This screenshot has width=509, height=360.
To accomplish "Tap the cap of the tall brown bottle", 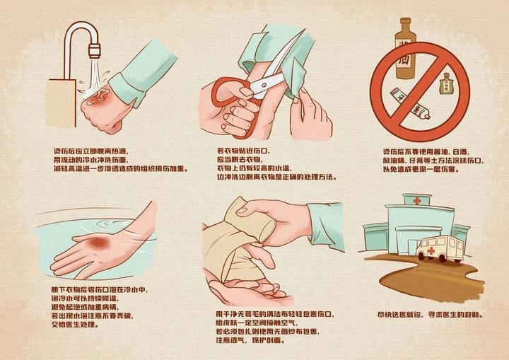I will (405, 23).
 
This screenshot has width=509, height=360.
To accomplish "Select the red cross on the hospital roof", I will (417, 202).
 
